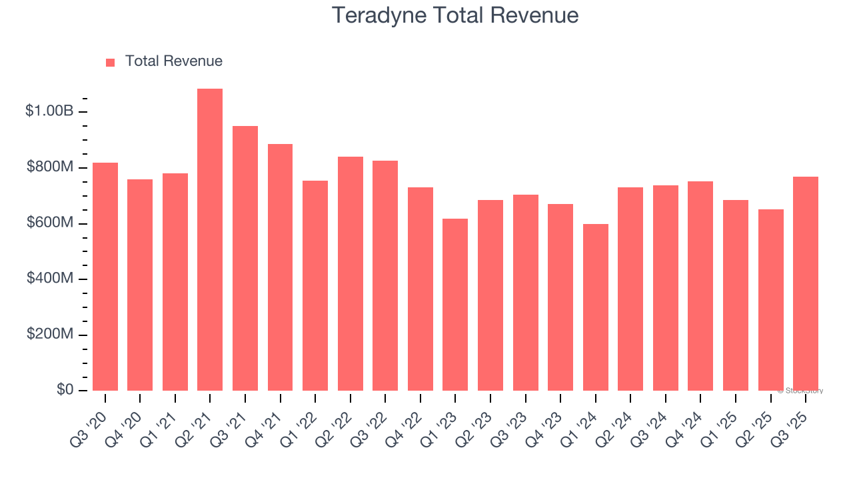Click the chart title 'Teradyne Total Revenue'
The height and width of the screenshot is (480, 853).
coord(455,15)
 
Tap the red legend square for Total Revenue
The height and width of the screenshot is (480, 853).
coord(111,62)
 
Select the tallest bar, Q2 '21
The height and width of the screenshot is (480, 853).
coord(210,239)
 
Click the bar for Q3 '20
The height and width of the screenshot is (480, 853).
coord(105,276)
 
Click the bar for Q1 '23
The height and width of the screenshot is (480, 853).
coord(455,304)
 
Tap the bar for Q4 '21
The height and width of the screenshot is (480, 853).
coord(280,267)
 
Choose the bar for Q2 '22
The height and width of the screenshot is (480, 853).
coord(350,273)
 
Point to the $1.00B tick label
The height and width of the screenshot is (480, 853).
coord(49,111)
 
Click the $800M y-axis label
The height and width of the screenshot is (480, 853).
coord(50,167)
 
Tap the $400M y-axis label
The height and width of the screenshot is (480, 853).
coord(50,279)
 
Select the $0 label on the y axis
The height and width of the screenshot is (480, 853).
coord(64,390)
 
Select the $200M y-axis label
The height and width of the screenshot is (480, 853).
coord(50,335)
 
